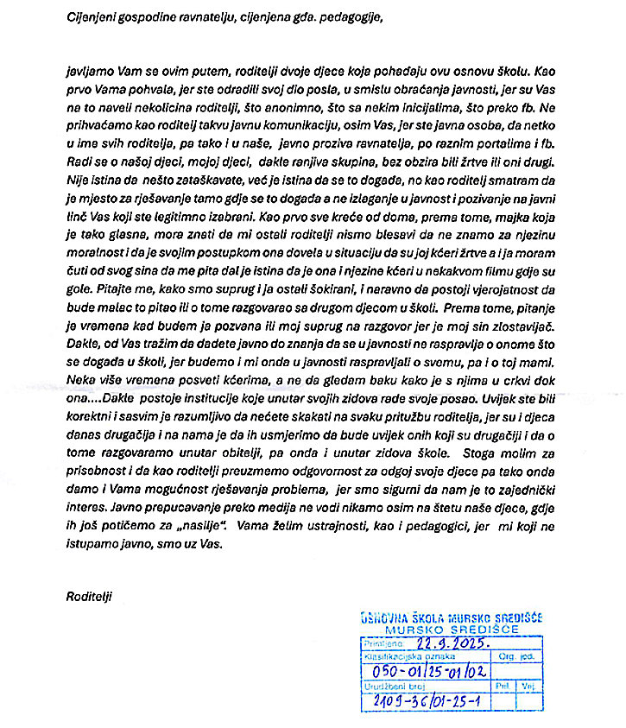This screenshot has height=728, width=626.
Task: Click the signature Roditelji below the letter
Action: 89,596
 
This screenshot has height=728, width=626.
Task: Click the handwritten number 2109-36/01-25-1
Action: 422,700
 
